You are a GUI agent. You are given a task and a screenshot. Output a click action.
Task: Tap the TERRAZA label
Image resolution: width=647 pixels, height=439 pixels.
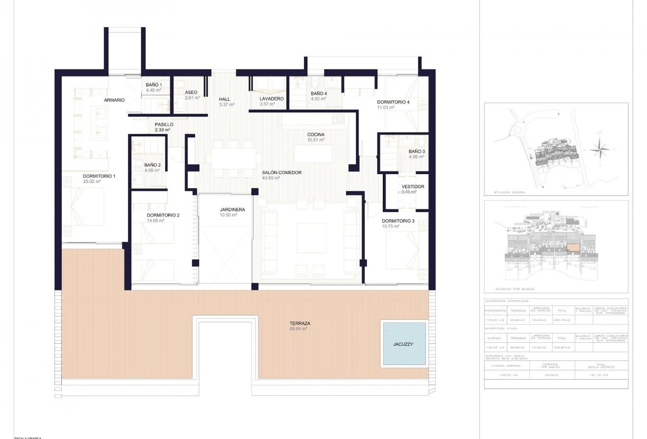click(299, 323)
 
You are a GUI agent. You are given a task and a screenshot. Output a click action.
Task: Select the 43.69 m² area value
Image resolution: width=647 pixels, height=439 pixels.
click(271, 178)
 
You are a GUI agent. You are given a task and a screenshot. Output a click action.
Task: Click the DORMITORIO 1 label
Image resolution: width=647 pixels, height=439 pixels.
click(99, 176)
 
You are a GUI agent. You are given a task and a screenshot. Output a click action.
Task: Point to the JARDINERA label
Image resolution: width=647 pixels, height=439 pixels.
click(232, 209)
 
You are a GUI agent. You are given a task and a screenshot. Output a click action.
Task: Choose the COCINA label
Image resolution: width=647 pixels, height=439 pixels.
click(316, 134)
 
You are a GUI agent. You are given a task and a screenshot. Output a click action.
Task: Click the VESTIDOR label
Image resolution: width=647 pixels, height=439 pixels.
click(413, 187)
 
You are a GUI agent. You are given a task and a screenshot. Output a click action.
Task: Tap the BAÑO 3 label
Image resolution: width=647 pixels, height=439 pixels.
click(417, 152)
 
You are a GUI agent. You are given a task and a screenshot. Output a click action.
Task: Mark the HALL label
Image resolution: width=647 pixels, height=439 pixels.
click(224, 99)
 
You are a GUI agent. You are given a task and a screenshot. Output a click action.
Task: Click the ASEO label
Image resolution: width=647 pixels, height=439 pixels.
click(191, 92)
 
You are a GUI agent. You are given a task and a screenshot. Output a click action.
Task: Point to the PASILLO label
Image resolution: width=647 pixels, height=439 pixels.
click(164, 125)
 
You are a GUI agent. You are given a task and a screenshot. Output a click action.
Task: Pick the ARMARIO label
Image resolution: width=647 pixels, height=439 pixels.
click(114, 100)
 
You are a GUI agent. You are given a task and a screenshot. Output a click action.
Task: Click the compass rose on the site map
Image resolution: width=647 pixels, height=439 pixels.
click(599, 149)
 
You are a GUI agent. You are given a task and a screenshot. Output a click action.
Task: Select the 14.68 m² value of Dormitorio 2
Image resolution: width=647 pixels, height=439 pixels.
click(155, 221)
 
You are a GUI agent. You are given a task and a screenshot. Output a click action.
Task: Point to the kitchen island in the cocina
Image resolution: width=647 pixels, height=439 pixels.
click(313, 154)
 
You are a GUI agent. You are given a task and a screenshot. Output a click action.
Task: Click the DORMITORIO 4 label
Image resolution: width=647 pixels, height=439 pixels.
click(393, 102)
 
